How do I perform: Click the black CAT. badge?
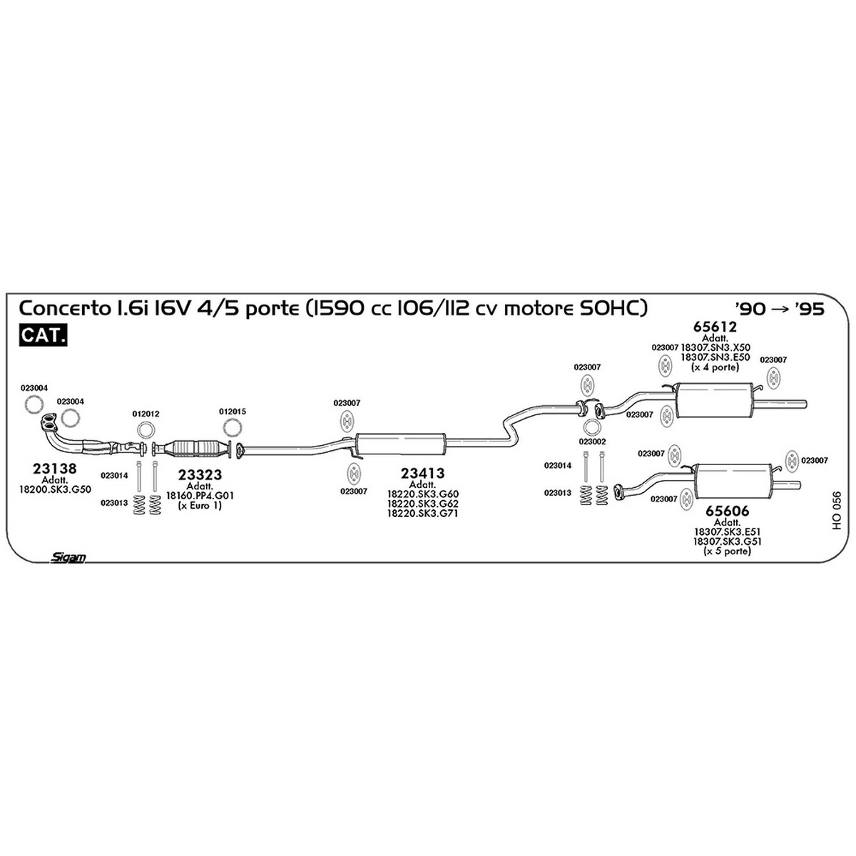[x=43, y=335]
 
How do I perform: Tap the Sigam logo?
[x=68, y=558]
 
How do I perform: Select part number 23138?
[x=55, y=468]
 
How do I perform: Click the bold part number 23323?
[x=200, y=475]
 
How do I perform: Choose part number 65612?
[x=715, y=327]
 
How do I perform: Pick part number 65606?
[x=727, y=511]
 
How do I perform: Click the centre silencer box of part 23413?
[x=400, y=444]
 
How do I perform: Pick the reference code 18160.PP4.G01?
[x=200, y=495]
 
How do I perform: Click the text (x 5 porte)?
[x=727, y=551]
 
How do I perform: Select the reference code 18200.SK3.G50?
[x=55, y=489]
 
